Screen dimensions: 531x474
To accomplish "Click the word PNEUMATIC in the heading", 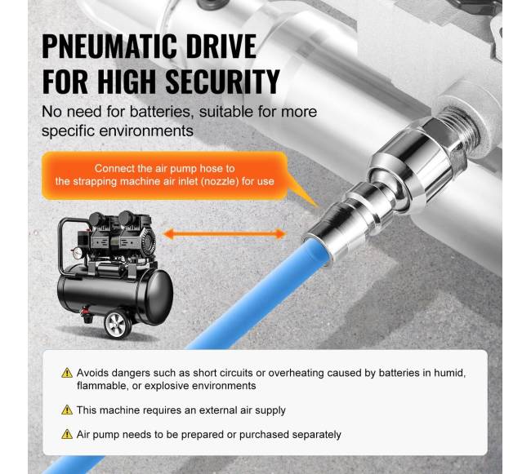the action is pyautogui.click(x=109, y=47).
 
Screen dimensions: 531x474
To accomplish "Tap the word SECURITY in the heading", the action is pyautogui.click(x=222, y=82).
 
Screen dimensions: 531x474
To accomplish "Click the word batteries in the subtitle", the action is pyautogui.click(x=163, y=113).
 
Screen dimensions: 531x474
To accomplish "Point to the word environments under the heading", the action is pyautogui.click(x=151, y=131).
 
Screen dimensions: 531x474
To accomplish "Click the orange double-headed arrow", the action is pyautogui.click(x=225, y=233).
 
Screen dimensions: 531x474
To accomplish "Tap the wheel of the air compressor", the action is pyautogui.click(x=118, y=325).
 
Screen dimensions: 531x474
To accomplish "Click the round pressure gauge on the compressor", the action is pyautogui.click(x=78, y=253).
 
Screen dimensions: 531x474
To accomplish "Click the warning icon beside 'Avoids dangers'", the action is pyautogui.click(x=67, y=373).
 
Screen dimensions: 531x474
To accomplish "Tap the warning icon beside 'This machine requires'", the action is pyautogui.click(x=67, y=410).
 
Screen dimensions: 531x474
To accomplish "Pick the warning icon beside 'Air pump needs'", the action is pyautogui.click(x=67, y=435).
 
